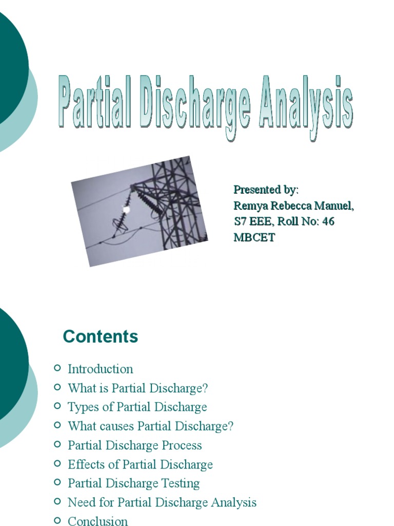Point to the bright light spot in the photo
point(126,209)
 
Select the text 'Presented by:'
point(266,190)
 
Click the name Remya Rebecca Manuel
point(293,205)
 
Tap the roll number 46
point(328,221)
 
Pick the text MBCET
point(254,237)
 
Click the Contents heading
point(101,336)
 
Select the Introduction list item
point(100,369)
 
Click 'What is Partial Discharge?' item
point(138,388)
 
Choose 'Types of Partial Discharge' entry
point(137,407)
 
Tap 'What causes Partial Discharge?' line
point(150,426)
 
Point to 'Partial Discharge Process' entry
point(134,445)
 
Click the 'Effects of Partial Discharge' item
point(140,464)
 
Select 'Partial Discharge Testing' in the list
point(133,483)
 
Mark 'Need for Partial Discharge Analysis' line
point(162,502)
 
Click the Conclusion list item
point(97,521)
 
